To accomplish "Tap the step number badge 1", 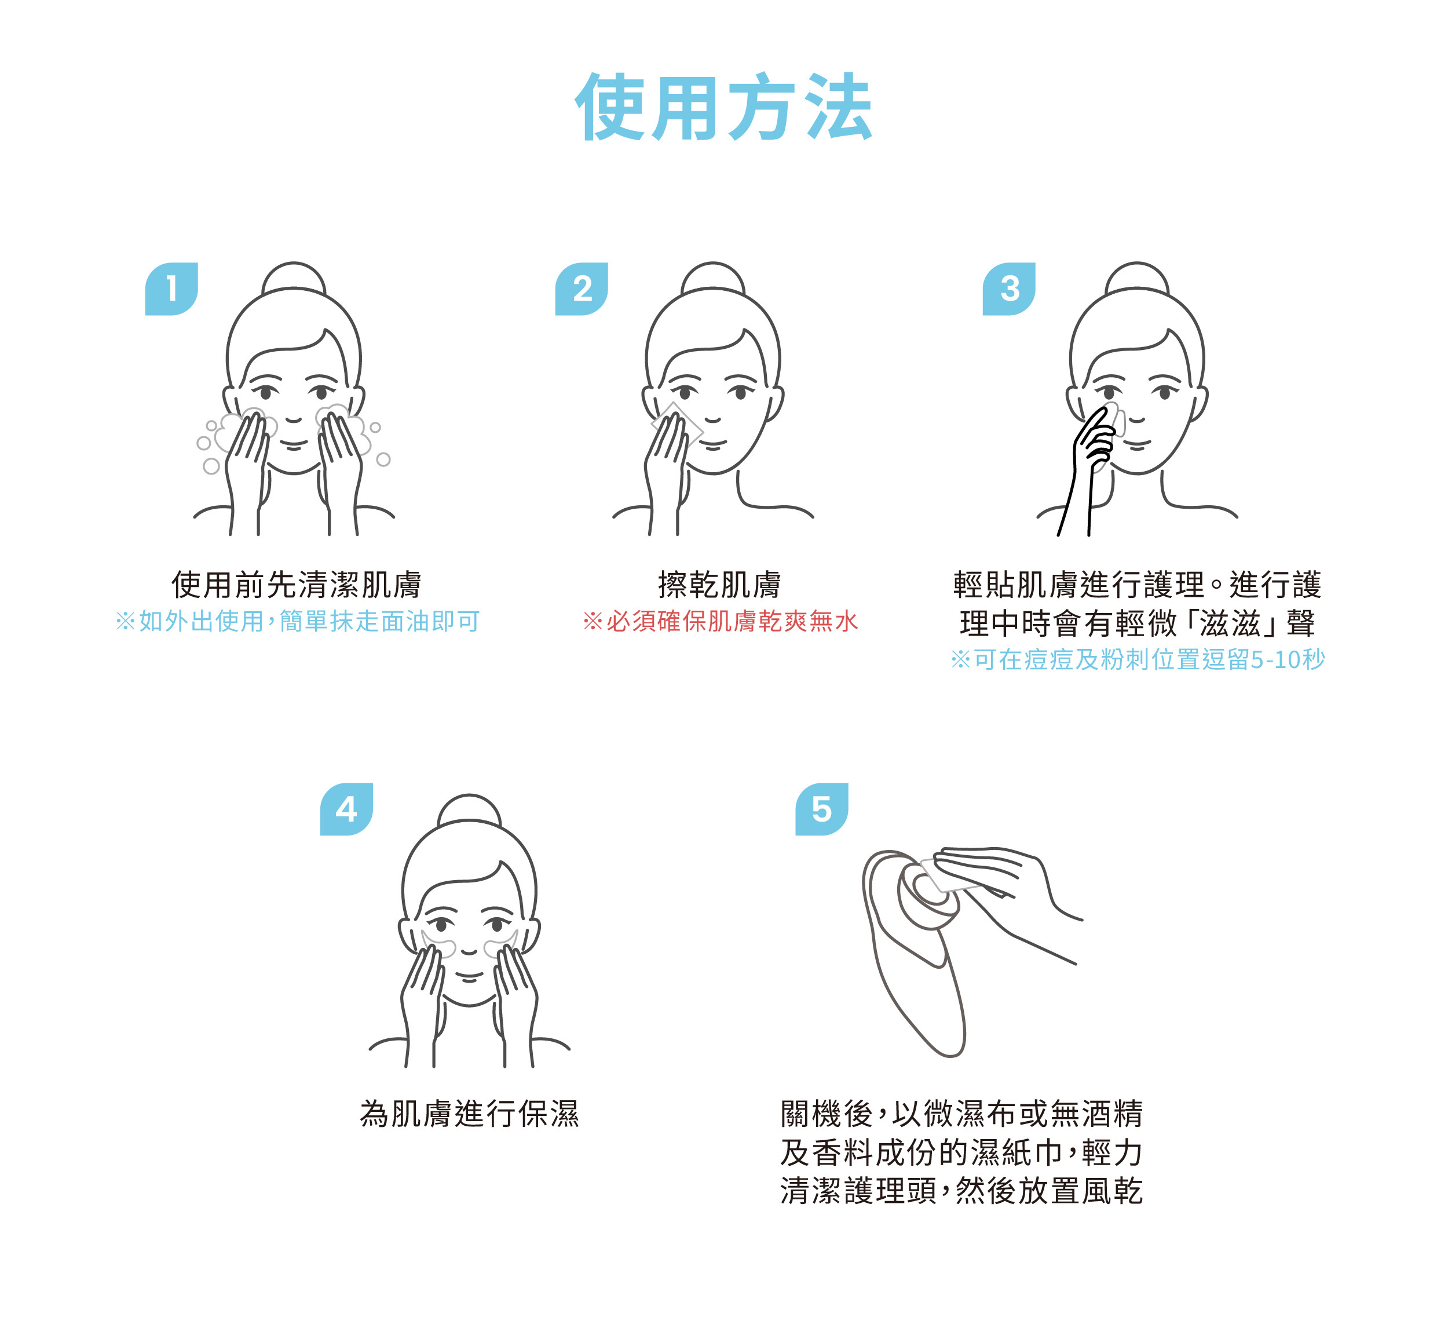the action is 171,289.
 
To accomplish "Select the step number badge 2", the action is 581,289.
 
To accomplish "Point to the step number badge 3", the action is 1008,289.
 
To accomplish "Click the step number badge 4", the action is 346,809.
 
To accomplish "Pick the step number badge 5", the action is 821,809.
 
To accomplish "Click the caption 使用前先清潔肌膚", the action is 297,584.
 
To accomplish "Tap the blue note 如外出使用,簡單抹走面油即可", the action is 297,621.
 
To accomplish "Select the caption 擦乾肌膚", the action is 719,584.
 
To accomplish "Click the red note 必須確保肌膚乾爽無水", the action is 720,621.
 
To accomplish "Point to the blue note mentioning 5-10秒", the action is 1137,659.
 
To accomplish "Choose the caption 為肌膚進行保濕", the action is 469,1114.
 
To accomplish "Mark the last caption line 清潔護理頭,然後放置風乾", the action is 961,1191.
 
